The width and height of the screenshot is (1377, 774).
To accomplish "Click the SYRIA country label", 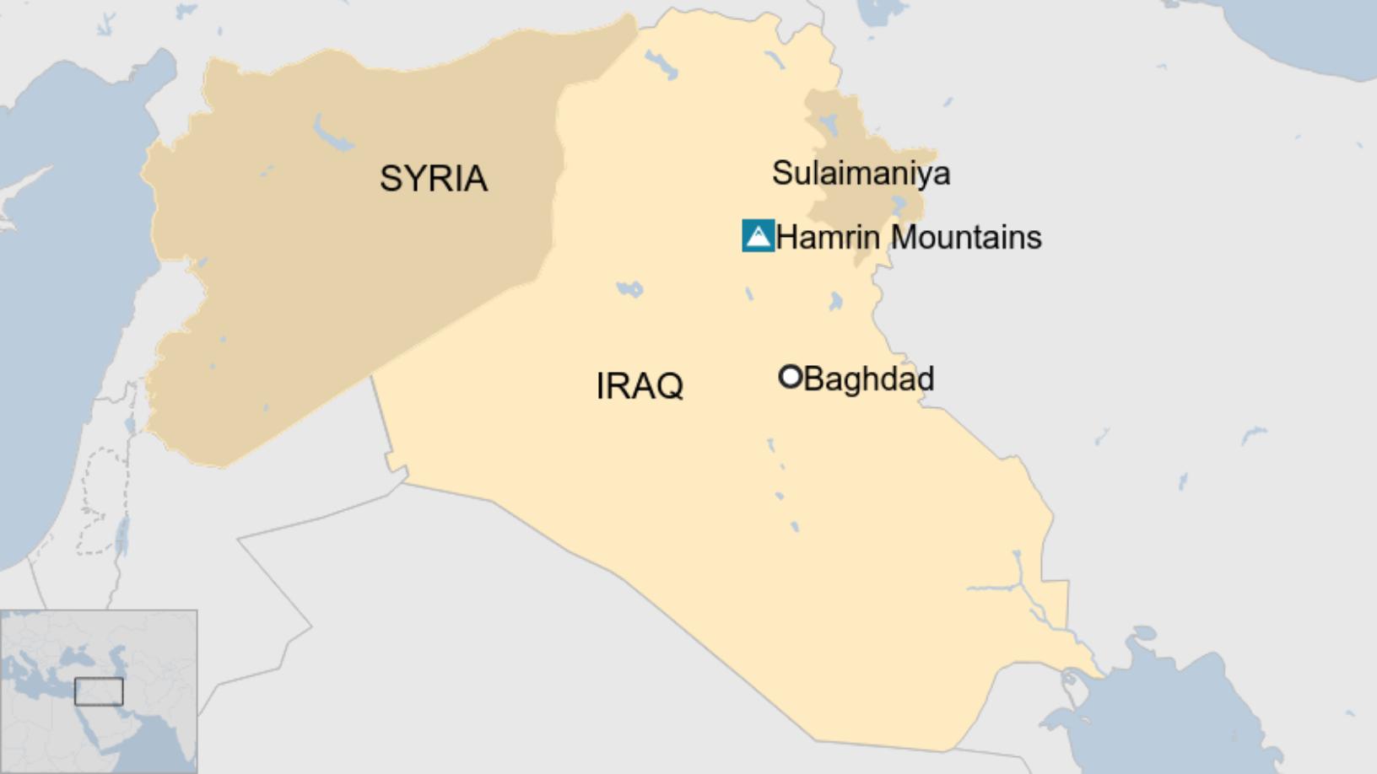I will [x=433, y=179].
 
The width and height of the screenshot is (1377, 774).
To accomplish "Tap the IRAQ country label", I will [x=639, y=386].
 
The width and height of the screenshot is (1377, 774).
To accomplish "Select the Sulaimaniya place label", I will [x=861, y=174].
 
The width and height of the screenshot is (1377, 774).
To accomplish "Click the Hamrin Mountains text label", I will [x=908, y=238].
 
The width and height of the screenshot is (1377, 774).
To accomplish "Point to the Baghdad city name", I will [x=868, y=379].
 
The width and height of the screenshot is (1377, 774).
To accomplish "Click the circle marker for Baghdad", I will [x=790, y=377].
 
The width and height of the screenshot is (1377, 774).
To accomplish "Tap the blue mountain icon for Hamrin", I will [x=759, y=236].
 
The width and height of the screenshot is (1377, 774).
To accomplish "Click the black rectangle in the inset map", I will [x=99, y=691].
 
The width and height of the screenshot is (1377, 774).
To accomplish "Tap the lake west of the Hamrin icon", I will [x=629, y=289].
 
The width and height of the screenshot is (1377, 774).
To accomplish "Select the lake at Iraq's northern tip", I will [x=661, y=63].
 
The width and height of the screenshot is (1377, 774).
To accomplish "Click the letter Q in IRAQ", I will [x=668, y=387].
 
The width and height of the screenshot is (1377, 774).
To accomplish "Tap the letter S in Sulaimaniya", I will [x=781, y=174].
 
